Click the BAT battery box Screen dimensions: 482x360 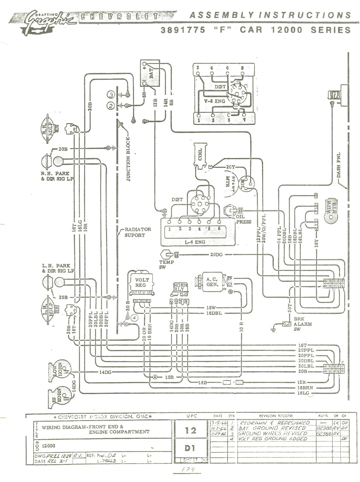[x=150, y=73]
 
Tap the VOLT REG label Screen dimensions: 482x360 [x=142, y=282]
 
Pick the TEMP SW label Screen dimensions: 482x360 [x=167, y=264]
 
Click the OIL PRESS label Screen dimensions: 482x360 [x=244, y=219]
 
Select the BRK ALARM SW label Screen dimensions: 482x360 [x=303, y=324]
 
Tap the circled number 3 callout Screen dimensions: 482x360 [x=111, y=95]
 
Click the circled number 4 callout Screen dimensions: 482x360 [x=135, y=318]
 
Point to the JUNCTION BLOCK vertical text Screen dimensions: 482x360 [x=128, y=159]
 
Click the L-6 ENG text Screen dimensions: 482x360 [x=195, y=242]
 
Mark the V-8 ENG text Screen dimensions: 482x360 [x=215, y=101]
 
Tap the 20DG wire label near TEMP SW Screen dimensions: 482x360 [x=216, y=254]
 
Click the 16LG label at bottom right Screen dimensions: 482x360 [x=304, y=393]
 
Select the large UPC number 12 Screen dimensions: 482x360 [x=190, y=430]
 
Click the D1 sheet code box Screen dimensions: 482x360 [x=190, y=448]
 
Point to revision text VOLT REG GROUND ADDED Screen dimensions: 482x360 [x=273, y=438]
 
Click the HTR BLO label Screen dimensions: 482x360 [x=335, y=95]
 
